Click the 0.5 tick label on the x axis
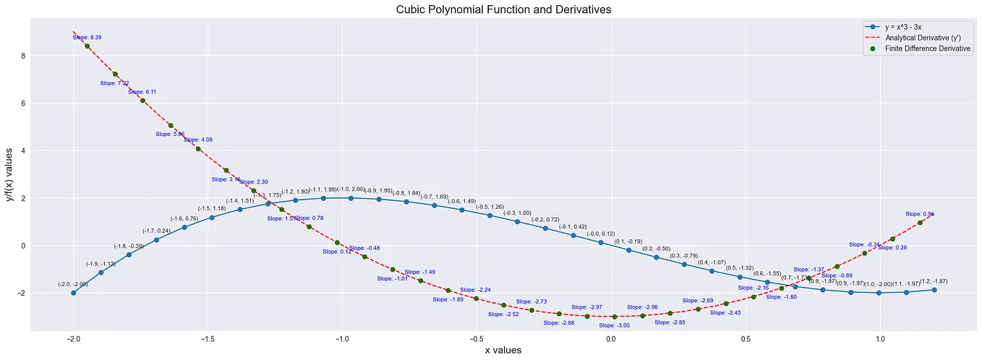[x=745, y=338]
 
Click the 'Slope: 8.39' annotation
[x=85, y=37]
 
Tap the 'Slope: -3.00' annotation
[x=614, y=325]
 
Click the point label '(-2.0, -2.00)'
[x=72, y=284]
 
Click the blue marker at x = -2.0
[x=73, y=293]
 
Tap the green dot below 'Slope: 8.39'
[x=87, y=46]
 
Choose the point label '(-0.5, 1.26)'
[x=490, y=207]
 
